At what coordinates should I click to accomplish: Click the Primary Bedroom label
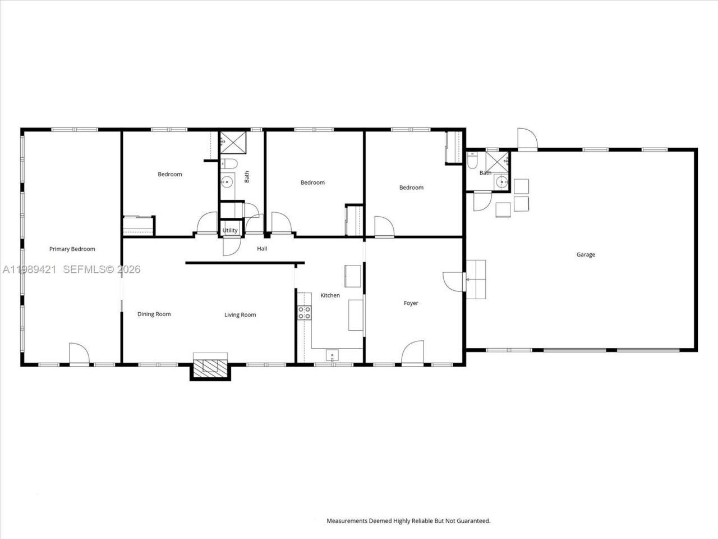[72, 249]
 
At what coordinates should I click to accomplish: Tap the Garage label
[586, 255]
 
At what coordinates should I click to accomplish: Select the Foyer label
[411, 303]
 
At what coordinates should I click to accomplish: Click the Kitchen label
[330, 295]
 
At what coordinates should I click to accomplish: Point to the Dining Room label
[154, 314]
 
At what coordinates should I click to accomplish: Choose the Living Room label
[240, 315]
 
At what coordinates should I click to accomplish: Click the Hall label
[262, 249]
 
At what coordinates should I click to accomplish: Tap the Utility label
[230, 230]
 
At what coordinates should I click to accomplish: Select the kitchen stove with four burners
[304, 313]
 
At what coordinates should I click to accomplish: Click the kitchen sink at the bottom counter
[332, 355]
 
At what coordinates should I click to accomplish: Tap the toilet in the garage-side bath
[472, 161]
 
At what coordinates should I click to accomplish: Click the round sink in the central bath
[227, 181]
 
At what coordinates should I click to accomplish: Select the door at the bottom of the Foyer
[412, 354]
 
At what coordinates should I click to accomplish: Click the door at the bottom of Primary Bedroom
[79, 354]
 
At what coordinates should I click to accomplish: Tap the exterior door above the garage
[527, 139]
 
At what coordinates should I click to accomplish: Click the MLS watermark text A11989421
[29, 269]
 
